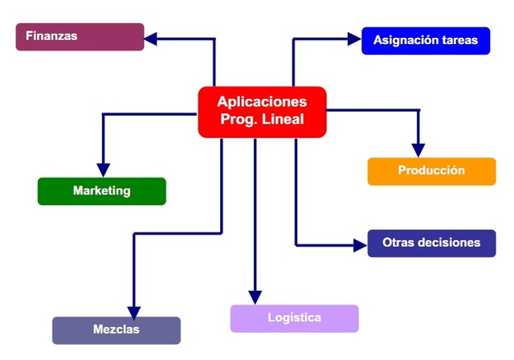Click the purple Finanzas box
pos(80,37)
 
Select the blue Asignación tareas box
pos(426,40)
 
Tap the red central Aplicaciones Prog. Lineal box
pos(262,112)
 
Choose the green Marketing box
pos(101,191)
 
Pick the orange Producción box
pos(431,171)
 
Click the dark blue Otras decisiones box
pos(431,243)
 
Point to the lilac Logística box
pos(294,318)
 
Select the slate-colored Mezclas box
pos(116,330)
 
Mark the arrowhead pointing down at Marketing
pos(103,169)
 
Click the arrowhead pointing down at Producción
pos(418,149)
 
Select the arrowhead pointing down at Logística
pos(255,297)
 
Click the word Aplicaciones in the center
pos(262,102)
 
